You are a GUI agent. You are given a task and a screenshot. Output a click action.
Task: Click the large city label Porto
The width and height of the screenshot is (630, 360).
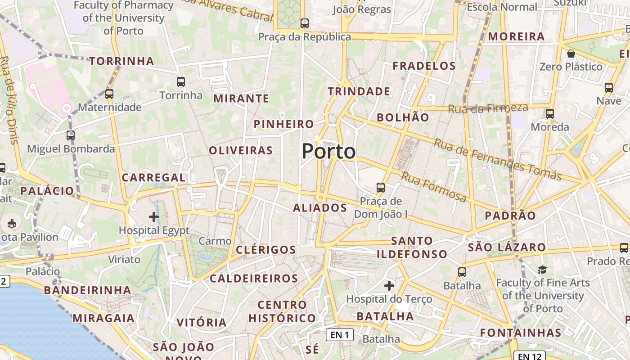tap(328, 151)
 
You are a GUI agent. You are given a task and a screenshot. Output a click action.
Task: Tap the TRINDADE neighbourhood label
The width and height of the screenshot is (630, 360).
tap(359, 91)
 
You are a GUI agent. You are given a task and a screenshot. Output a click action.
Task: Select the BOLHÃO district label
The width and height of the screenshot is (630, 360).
tap(403, 117)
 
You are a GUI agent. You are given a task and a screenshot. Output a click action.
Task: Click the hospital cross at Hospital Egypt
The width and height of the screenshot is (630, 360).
tap(154, 217)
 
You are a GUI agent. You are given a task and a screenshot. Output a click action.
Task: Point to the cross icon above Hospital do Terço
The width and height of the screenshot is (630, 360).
tap(389, 285)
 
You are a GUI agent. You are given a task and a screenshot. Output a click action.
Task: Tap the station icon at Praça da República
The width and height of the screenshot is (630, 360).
tap(305, 23)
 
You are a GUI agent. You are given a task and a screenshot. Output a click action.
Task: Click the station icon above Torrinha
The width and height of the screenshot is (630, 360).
tap(181, 82)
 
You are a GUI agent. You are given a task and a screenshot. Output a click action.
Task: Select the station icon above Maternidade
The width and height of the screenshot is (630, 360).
tap(109, 94)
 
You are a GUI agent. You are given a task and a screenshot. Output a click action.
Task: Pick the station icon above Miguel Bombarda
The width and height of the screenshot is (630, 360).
tap(71, 135)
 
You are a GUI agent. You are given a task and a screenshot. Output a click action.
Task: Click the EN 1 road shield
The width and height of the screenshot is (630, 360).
tap(340, 334)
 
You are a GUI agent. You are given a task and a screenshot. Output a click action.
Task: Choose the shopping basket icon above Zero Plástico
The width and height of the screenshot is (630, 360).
tap(571, 54)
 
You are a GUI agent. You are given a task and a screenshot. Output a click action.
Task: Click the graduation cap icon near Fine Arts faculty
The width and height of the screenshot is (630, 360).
tap(542, 270)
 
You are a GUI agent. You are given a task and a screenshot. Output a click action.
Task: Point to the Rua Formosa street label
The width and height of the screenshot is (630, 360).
tap(434, 187)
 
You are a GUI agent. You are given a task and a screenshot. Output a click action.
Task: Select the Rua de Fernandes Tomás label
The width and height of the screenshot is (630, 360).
tap(498, 159)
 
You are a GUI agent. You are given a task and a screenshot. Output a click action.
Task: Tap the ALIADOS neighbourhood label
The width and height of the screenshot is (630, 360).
tap(320, 208)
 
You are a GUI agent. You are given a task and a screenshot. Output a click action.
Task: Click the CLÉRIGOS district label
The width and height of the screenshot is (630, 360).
tap(266, 250)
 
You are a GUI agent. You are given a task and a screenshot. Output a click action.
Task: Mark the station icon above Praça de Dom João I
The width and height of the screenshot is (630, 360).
tap(381, 187)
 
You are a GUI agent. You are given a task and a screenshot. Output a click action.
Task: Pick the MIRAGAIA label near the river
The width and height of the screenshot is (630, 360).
tap(103, 318)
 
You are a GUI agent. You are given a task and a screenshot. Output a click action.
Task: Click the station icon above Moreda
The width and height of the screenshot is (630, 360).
tap(549, 113)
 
